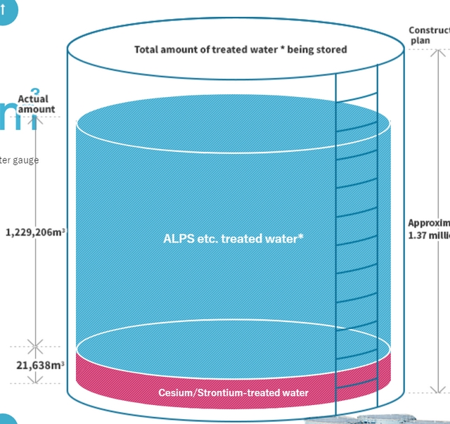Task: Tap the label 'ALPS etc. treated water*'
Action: (233, 238)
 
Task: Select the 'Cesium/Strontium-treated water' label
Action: (233, 392)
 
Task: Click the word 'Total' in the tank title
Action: (146, 50)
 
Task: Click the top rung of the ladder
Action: (356, 98)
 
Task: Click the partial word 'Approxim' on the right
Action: (429, 223)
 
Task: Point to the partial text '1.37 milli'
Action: (429, 235)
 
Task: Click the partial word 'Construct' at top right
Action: (429, 30)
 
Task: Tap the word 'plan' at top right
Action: (420, 41)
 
